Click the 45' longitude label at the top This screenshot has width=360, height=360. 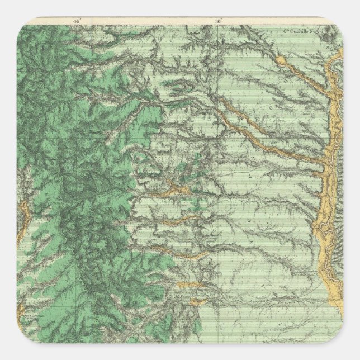77,21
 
